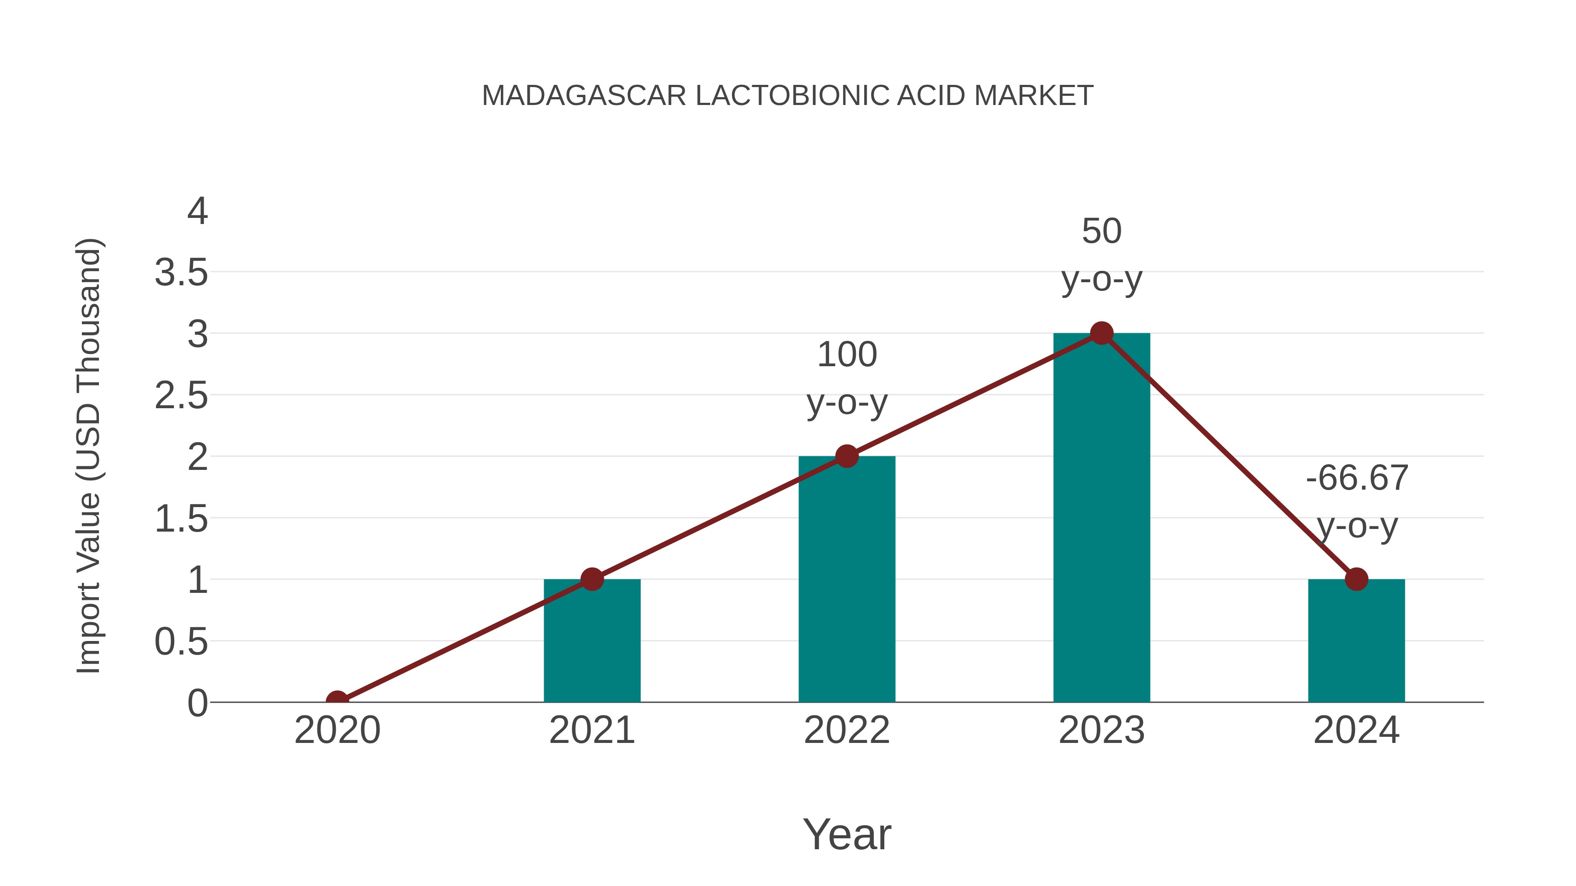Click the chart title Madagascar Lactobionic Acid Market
pos(788,96)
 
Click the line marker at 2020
pos(337,701)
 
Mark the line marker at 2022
pos(847,456)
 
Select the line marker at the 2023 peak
pos(1101,333)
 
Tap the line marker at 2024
pos(1356,579)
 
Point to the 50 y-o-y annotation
pos(1101,255)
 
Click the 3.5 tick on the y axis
pos(181,273)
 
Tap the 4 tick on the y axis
pos(197,212)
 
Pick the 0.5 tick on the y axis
pos(181,642)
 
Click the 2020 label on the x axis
pos(337,730)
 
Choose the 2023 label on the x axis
pos(1101,730)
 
